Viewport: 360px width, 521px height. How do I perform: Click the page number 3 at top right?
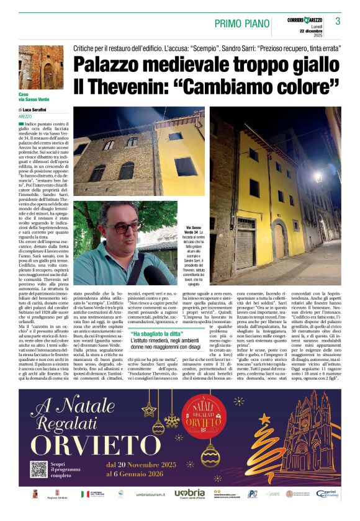338,21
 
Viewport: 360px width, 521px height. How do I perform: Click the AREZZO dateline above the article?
25,116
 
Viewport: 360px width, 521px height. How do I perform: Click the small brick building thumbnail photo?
40,67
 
